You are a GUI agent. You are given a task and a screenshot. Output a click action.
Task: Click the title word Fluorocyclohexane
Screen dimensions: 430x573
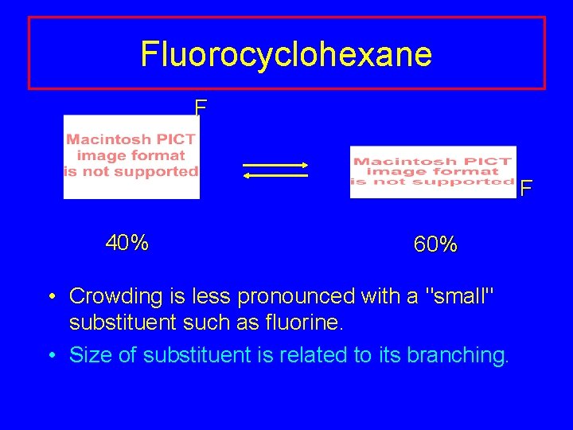point(286,54)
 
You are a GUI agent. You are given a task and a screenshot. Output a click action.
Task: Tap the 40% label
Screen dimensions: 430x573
point(127,243)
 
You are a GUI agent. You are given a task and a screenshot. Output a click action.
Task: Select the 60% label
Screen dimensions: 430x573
point(435,245)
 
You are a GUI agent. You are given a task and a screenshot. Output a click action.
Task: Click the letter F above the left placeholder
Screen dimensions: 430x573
point(201,107)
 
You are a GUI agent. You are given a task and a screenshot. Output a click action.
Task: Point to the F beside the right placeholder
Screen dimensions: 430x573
point(526,190)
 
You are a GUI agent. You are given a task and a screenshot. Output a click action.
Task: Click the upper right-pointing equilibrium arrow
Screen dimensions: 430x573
point(275,165)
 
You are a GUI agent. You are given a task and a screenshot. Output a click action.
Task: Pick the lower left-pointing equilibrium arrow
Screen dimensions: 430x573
point(275,175)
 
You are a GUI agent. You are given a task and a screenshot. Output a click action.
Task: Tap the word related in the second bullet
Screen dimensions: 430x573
point(315,355)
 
